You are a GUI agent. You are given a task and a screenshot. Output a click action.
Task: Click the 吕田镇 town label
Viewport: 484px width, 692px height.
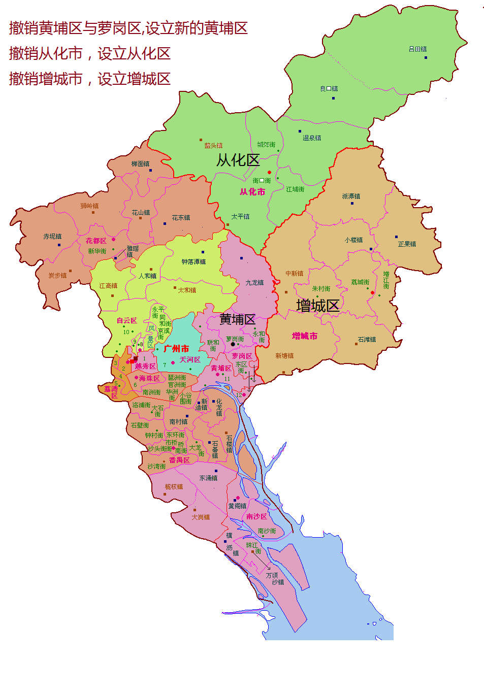(417, 49)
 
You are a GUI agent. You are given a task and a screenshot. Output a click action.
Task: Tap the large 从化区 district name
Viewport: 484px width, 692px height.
(238, 160)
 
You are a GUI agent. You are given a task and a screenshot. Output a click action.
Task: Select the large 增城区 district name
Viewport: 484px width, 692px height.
(317, 306)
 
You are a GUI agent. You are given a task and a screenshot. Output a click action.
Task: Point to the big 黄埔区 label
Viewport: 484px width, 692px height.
(237, 319)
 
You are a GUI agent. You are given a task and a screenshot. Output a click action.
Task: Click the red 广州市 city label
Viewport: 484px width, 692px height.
(176, 349)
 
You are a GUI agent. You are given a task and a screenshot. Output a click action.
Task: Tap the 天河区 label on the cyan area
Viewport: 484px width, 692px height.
(189, 359)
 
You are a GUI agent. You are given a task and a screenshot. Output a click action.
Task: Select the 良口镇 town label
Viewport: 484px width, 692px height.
(329, 89)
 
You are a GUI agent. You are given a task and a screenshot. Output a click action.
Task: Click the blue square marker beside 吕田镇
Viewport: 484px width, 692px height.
(426, 57)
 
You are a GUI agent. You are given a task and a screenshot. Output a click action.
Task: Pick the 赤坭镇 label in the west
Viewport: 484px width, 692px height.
(52, 237)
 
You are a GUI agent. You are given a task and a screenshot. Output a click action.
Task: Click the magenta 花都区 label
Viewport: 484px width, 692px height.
(96, 241)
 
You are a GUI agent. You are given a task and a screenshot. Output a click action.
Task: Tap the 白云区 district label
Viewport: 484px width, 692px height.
(126, 320)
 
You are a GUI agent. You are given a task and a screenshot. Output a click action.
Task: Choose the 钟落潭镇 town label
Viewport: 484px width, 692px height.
(193, 262)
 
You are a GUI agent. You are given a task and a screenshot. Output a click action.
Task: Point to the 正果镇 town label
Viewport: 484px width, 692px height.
(407, 244)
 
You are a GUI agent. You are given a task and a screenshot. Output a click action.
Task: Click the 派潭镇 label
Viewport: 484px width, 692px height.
(351, 196)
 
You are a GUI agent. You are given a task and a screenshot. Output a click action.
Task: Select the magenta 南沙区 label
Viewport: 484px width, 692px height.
(256, 516)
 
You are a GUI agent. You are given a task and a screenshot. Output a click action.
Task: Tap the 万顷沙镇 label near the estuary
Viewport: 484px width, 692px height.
(275, 579)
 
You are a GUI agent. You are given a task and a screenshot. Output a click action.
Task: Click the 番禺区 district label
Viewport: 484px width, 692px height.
(179, 460)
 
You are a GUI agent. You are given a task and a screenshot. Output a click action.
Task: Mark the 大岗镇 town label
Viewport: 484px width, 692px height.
(201, 517)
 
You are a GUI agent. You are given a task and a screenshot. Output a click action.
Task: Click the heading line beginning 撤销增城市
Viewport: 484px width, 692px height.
(90, 79)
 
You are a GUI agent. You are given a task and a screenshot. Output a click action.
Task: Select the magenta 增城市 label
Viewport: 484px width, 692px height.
(305, 336)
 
